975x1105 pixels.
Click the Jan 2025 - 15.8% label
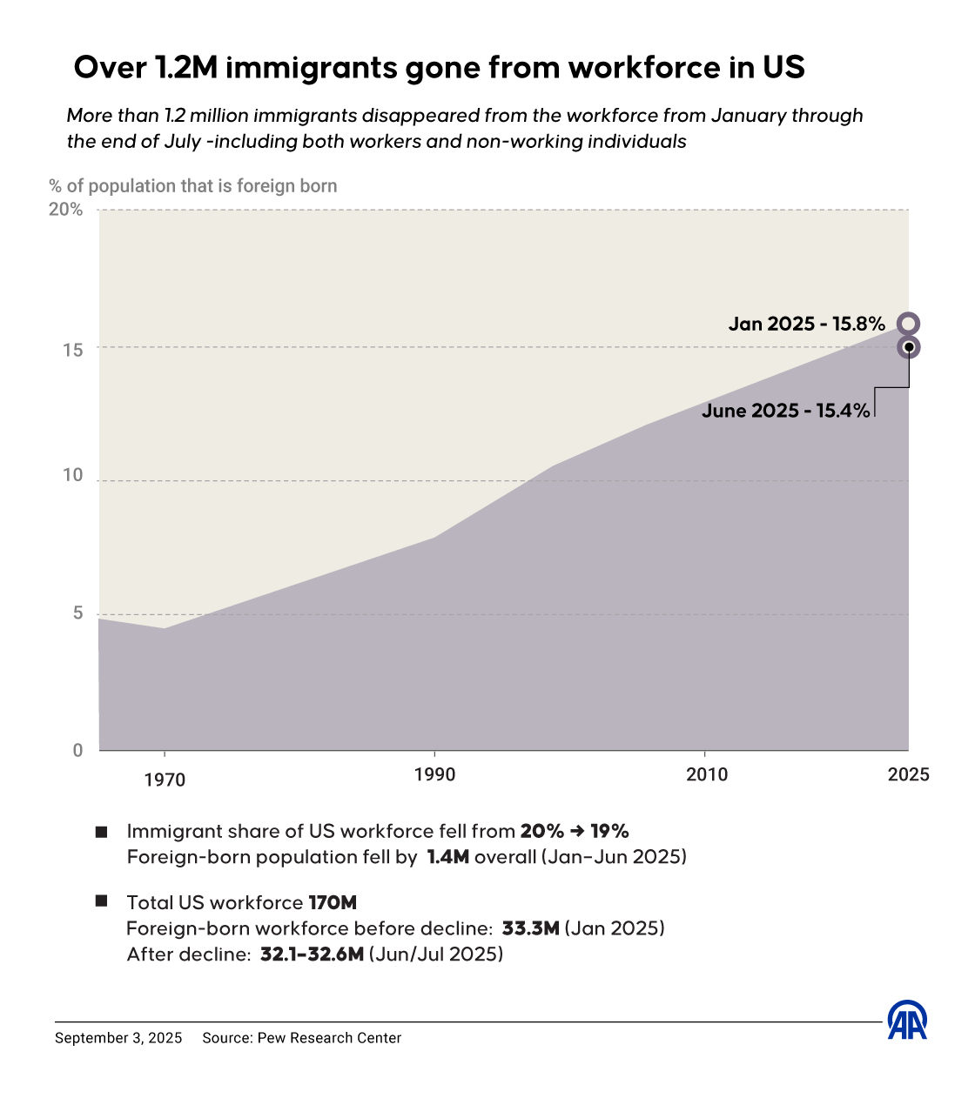(806, 324)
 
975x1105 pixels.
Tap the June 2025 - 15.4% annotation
(785, 411)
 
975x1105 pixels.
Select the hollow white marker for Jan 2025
(908, 324)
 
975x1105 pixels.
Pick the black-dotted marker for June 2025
(908, 347)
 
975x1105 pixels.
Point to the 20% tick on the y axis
(66, 209)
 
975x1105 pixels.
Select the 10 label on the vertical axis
(73, 475)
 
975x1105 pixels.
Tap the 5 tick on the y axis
(78, 613)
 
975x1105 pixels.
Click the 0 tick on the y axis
(78, 750)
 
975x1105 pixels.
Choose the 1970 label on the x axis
(165, 780)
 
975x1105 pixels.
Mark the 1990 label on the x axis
(434, 774)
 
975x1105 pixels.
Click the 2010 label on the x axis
(707, 774)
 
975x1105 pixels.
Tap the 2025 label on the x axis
(908, 774)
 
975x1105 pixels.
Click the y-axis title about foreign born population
(193, 185)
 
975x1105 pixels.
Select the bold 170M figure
(333, 902)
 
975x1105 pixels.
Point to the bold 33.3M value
(530, 928)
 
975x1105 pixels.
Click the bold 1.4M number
(447, 857)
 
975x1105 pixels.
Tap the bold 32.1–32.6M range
(312, 954)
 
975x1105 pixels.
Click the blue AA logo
(907, 1020)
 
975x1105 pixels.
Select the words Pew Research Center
(329, 1038)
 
